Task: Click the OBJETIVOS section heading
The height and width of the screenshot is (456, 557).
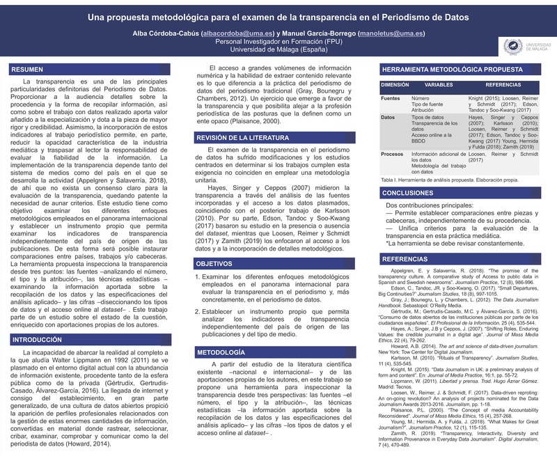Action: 215,265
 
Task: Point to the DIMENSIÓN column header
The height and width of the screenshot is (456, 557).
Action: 395,84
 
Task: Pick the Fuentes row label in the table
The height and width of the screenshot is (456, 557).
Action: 391,99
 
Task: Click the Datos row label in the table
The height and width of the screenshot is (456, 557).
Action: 389,118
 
